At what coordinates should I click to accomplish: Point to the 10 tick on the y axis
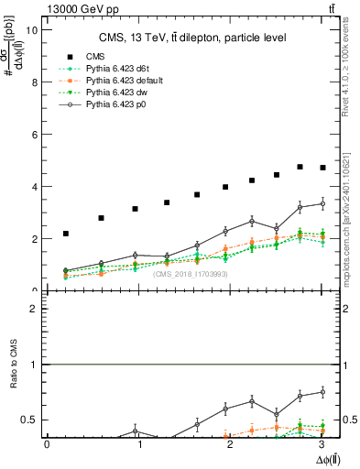(32, 29)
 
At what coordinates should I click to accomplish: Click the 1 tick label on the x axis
(140, 444)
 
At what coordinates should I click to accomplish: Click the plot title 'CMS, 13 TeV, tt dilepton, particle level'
(192, 38)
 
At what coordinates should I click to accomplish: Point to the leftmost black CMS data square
(66, 234)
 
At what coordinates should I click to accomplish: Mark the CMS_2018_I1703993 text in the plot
(191, 274)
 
